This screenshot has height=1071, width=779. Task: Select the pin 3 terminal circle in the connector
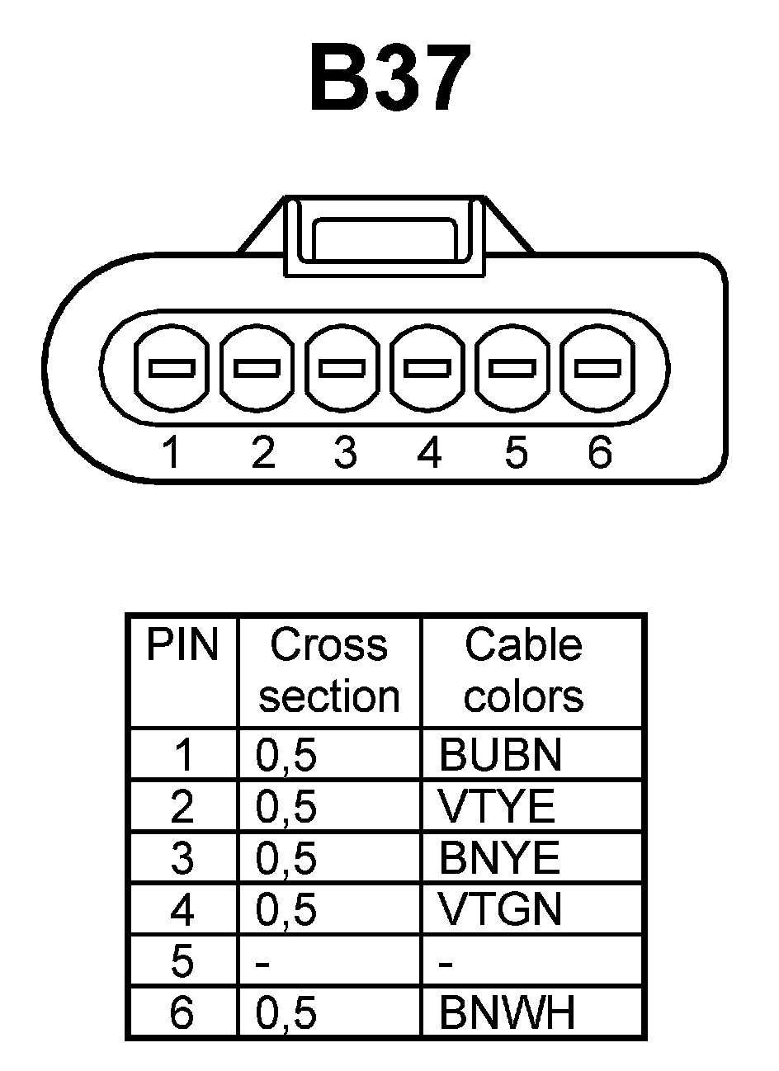pyautogui.click(x=342, y=368)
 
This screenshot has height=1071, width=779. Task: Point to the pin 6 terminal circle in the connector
pyautogui.click(x=597, y=368)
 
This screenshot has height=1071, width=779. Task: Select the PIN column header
pyautogui.click(x=182, y=645)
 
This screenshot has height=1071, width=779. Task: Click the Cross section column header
pyautogui.click(x=328, y=670)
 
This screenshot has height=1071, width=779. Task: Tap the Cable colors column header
pyautogui.click(x=523, y=670)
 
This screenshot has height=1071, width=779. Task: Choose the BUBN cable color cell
pyautogui.click(x=500, y=754)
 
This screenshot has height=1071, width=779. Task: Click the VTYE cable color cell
pyautogui.click(x=497, y=806)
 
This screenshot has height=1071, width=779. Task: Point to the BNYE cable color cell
pyautogui.click(x=499, y=858)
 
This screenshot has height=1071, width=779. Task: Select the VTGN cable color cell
pyautogui.click(x=500, y=909)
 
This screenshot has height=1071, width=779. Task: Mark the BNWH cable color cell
pyautogui.click(x=507, y=1012)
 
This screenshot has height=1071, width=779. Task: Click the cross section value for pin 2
pyautogui.click(x=286, y=806)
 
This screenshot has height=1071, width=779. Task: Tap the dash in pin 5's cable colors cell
pyautogui.click(x=446, y=963)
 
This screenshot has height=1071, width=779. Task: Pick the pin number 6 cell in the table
pyautogui.click(x=182, y=1012)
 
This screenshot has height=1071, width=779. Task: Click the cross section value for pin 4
pyautogui.click(x=286, y=909)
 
